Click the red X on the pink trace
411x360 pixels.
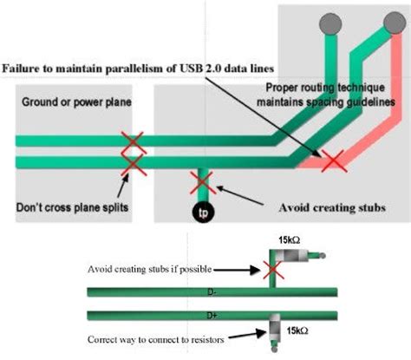(x=335, y=160)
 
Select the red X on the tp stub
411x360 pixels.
(x=202, y=181)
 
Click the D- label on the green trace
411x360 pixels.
(x=211, y=294)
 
